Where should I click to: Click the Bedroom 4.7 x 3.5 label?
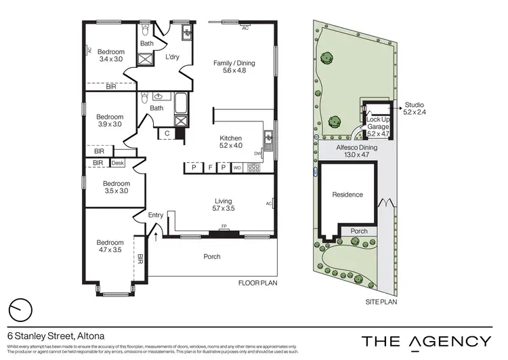110,246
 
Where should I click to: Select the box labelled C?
167,134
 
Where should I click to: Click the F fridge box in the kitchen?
211,167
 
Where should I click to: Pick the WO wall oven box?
236,167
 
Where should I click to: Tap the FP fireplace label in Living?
223,227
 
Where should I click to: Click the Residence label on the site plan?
347,195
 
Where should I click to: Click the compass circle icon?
21,309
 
